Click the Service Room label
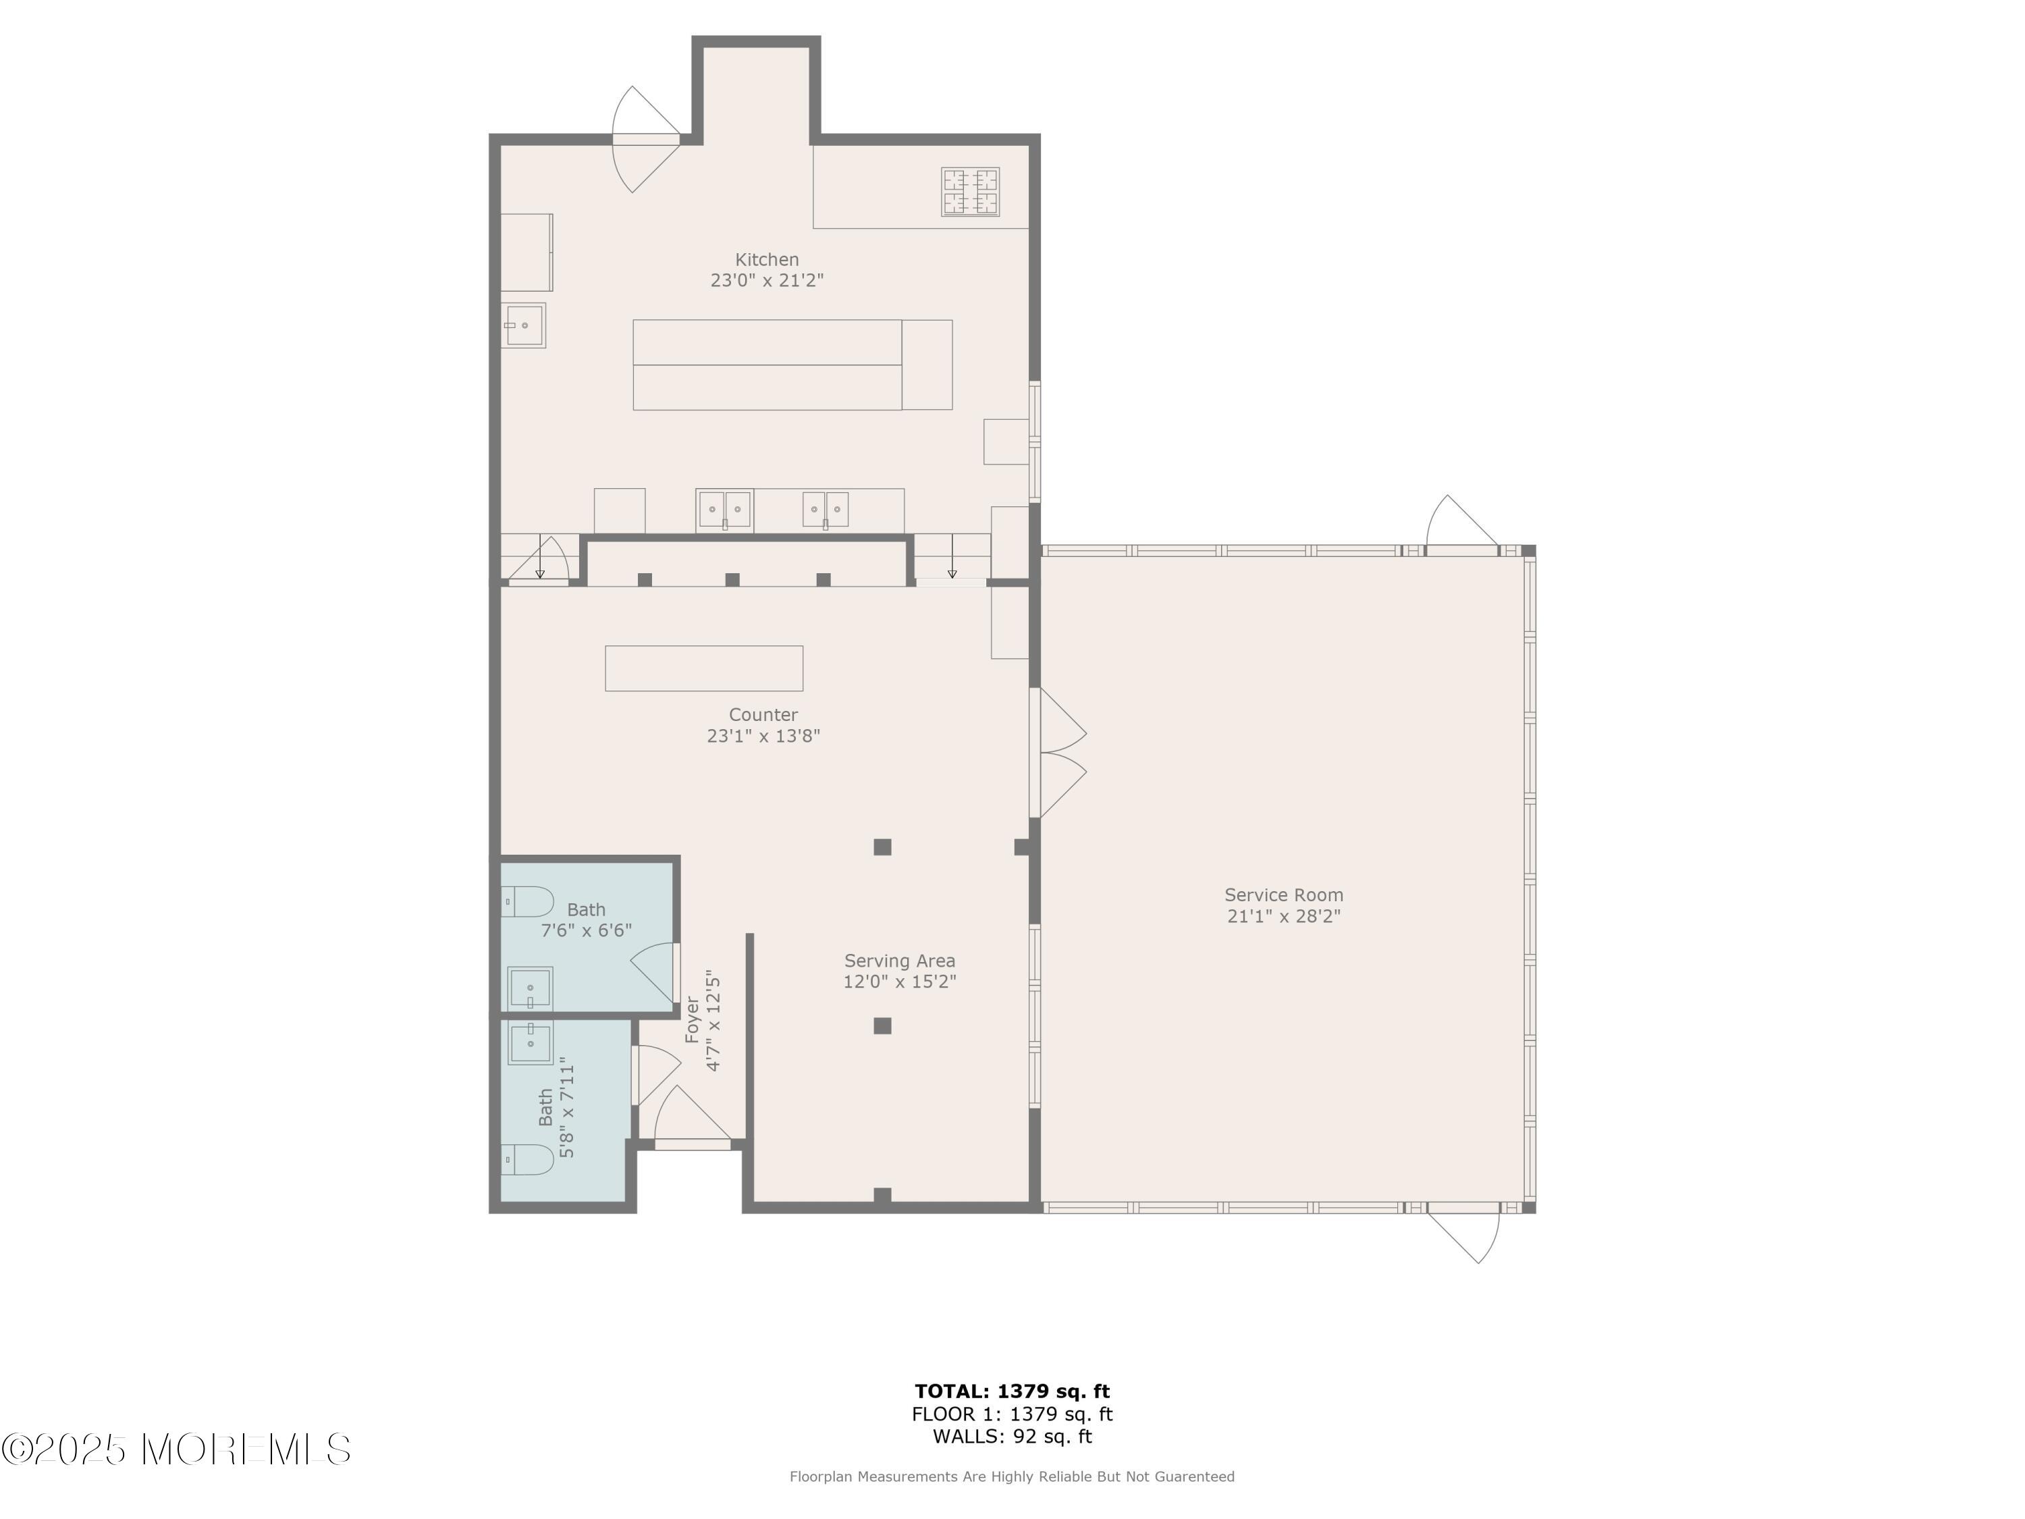(x=1283, y=895)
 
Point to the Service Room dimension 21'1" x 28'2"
(x=1283, y=915)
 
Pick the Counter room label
(x=763, y=714)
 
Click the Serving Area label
(x=899, y=961)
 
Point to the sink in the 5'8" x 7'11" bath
(x=530, y=1042)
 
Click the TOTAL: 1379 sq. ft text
(x=1012, y=1391)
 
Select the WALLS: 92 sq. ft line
(x=1012, y=1436)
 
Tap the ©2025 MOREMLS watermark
(x=175, y=1449)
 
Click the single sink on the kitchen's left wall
(x=524, y=325)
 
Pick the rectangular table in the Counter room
(x=704, y=668)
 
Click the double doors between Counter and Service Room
(x=1058, y=753)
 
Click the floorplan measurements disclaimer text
(x=1012, y=1476)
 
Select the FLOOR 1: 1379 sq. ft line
(x=1012, y=1414)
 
